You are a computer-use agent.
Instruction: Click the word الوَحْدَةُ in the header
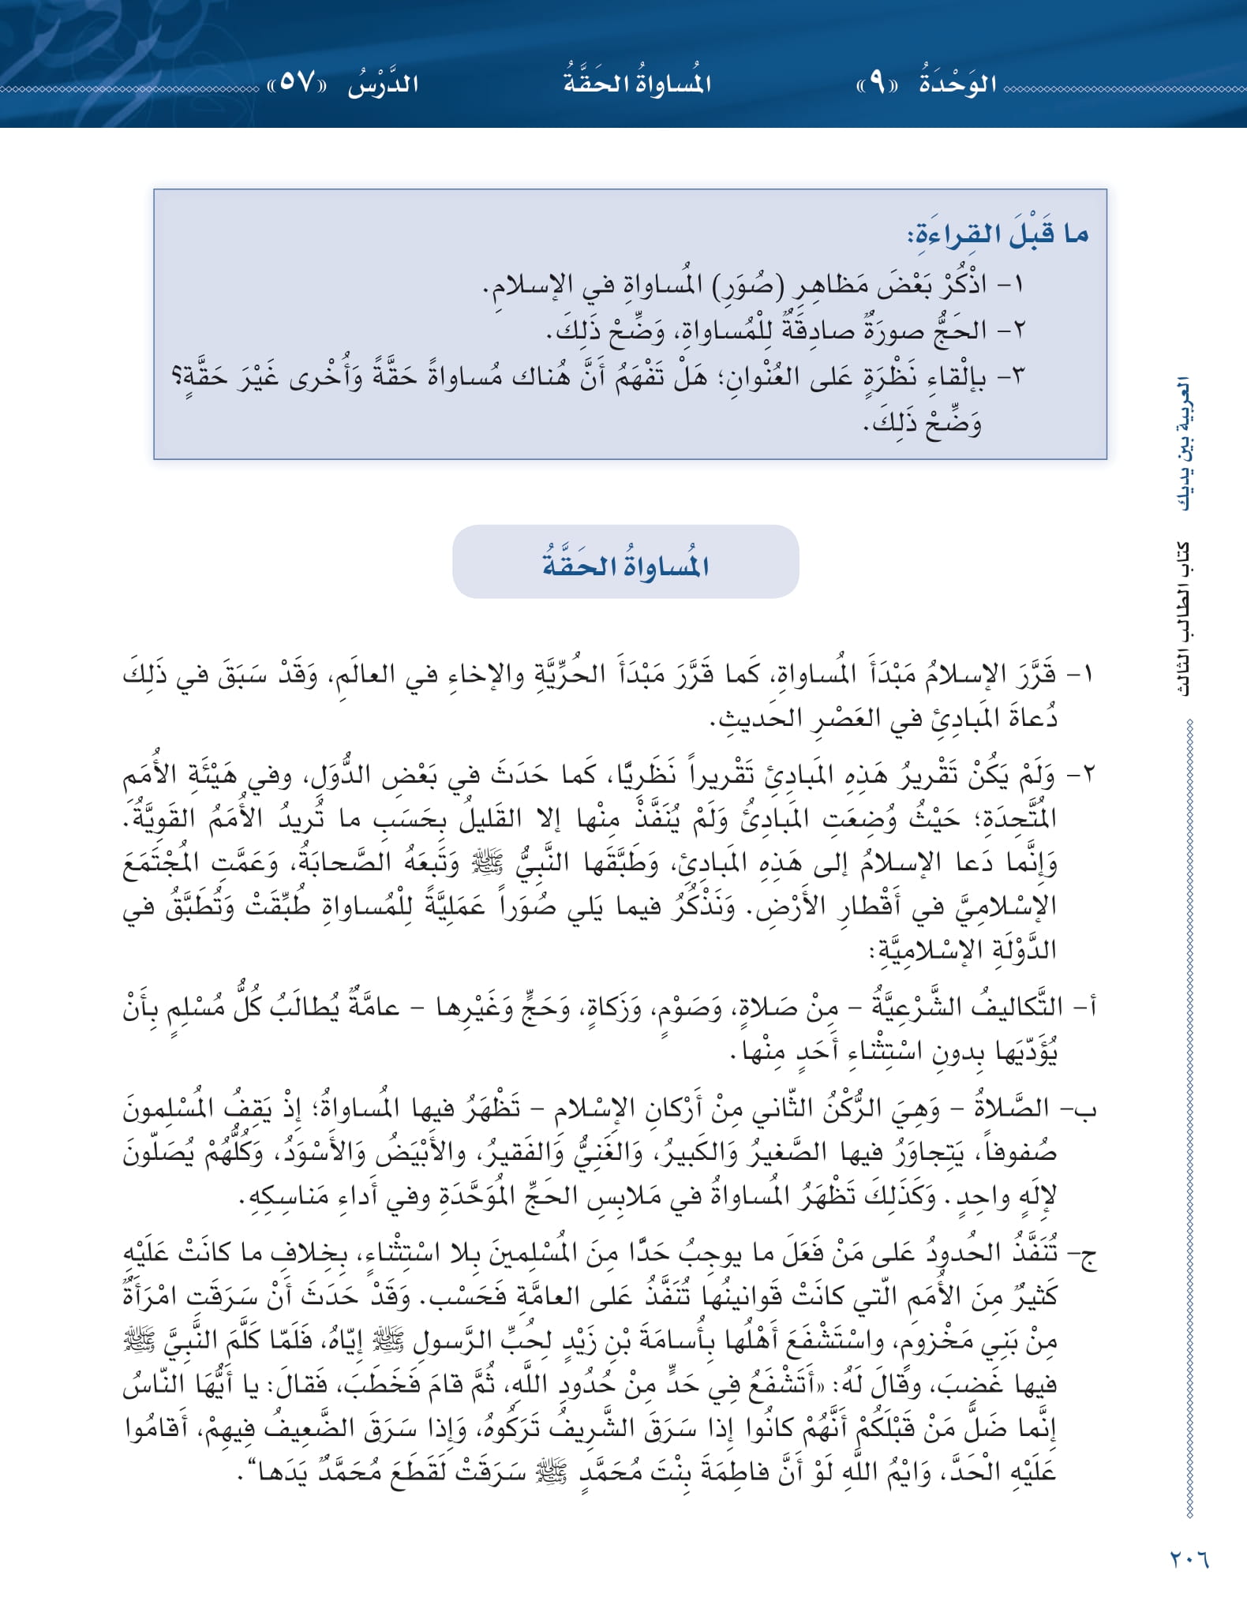click(x=958, y=84)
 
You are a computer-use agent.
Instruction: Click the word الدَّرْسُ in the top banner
click(x=384, y=84)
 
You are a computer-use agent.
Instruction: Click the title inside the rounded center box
click(x=625, y=565)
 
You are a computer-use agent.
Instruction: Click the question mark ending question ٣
click(x=178, y=376)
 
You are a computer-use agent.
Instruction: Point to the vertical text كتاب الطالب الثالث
click(x=1184, y=619)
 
